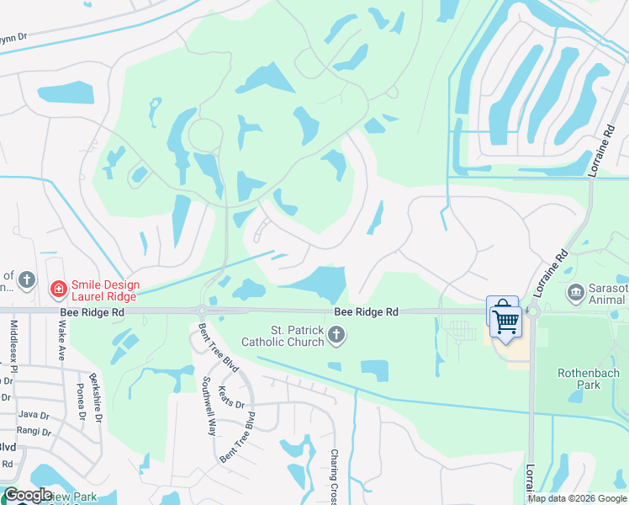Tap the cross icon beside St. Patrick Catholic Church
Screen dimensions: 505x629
coord(336,337)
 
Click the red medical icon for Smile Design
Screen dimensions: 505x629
coord(58,290)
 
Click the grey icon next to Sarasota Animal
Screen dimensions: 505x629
coord(576,293)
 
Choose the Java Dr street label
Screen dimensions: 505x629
coord(34,415)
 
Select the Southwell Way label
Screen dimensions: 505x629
coord(208,405)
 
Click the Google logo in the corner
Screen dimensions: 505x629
coord(28,495)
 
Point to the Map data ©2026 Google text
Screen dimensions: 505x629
coord(577,498)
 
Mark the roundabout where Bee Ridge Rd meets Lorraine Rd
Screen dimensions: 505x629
coord(532,311)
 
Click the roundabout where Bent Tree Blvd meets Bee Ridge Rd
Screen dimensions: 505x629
coord(203,311)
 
